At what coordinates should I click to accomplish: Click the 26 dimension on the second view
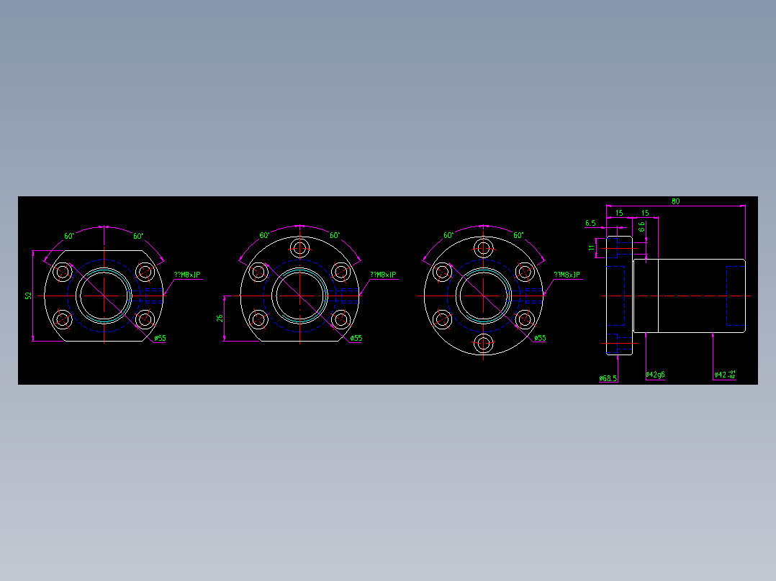click(x=220, y=317)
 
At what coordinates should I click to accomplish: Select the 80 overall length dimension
click(x=675, y=201)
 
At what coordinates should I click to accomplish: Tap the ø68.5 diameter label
click(x=608, y=378)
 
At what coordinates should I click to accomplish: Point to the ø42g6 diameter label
click(x=655, y=375)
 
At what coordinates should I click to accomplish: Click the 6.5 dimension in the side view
click(x=590, y=223)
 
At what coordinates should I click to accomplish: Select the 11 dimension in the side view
click(x=592, y=248)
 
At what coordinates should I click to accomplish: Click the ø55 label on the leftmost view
click(x=160, y=338)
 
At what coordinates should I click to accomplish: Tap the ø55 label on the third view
click(x=540, y=338)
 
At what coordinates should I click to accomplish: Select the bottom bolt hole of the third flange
click(x=484, y=343)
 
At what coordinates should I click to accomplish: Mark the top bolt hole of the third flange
click(x=484, y=248)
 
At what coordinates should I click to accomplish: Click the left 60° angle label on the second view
click(x=264, y=235)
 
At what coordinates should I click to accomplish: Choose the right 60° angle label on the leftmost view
click(x=138, y=236)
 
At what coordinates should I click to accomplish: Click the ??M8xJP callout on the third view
click(x=567, y=275)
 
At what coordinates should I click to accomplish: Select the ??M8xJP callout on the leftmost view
click(x=186, y=275)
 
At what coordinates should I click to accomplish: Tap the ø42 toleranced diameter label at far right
click(x=724, y=375)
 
